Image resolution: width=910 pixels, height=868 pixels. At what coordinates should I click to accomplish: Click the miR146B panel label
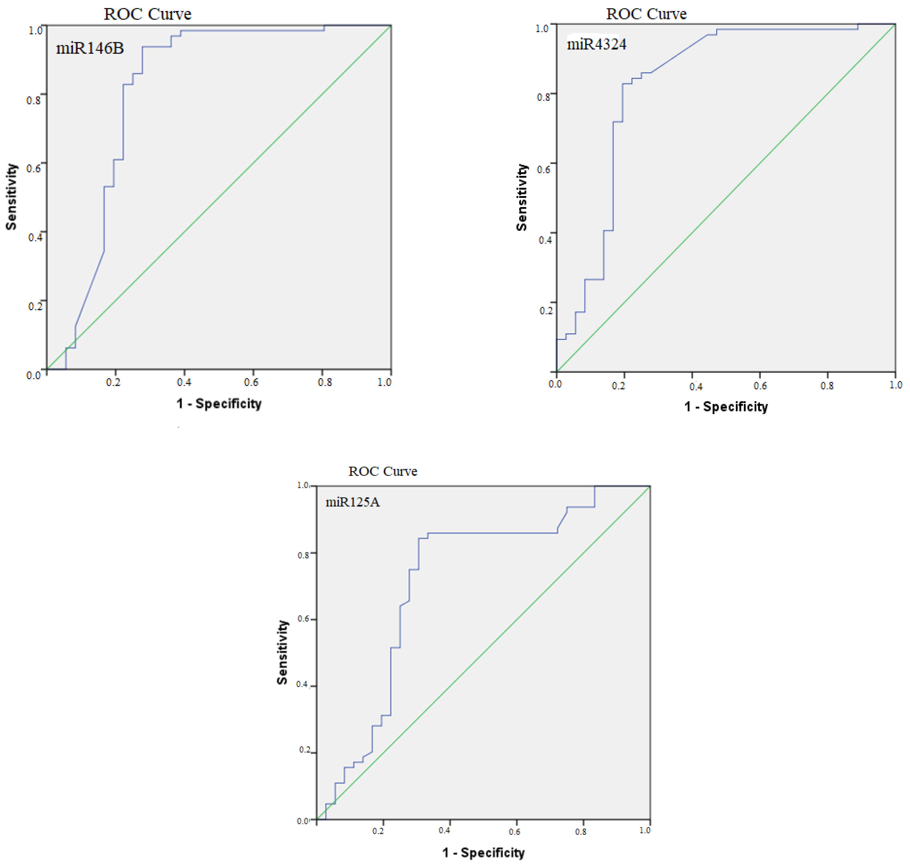point(90,48)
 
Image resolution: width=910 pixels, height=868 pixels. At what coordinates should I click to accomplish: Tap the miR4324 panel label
point(596,44)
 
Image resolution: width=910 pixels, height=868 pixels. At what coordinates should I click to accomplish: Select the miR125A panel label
point(353,502)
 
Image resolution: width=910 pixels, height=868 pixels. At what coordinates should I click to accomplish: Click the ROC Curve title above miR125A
point(383,471)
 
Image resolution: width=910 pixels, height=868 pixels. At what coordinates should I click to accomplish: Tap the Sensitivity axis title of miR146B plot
point(11,197)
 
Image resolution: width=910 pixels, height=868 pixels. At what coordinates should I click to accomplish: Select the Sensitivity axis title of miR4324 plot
point(521,198)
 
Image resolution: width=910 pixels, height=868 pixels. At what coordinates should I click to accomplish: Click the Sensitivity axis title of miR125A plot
point(282,652)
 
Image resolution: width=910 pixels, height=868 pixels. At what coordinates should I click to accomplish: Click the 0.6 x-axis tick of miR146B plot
point(251,382)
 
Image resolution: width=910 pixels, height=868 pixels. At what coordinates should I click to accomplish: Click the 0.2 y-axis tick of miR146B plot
point(35,306)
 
